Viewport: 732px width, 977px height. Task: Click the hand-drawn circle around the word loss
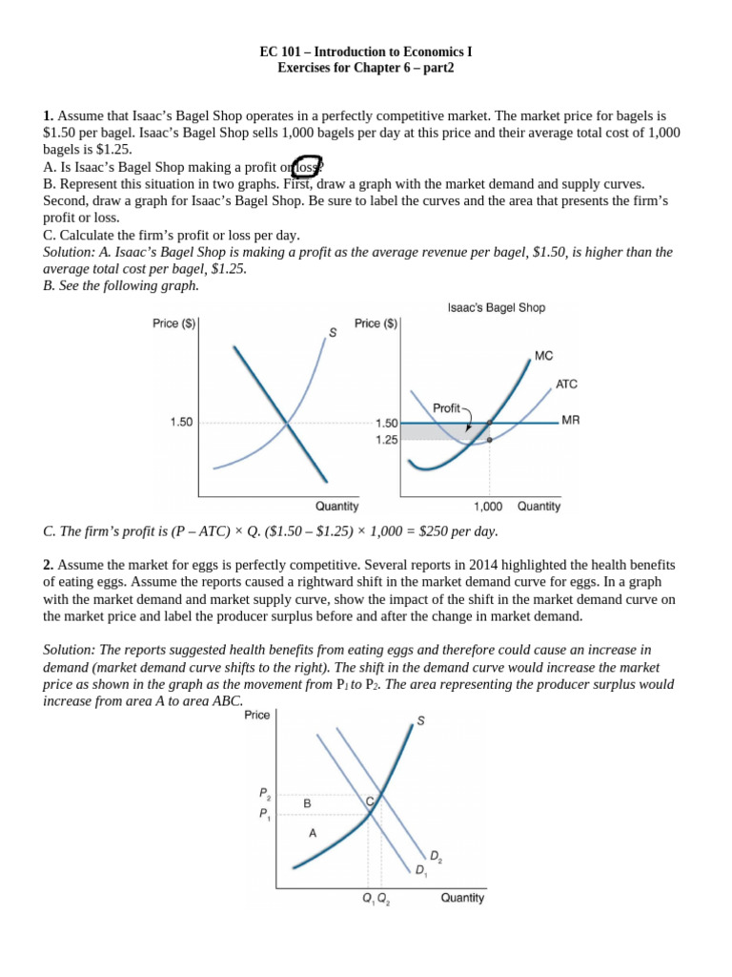(x=308, y=165)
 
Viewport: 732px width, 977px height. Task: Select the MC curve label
(x=543, y=355)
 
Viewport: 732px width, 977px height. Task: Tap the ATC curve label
(x=566, y=385)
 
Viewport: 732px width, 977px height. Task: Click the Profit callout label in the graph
(x=446, y=407)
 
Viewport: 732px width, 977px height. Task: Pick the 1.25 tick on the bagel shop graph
(x=387, y=440)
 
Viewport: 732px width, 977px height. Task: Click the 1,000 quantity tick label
(x=489, y=507)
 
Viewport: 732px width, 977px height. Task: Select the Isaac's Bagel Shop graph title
(x=496, y=308)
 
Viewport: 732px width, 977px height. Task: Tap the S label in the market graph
(x=333, y=333)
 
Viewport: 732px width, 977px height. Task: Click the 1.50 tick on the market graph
(x=181, y=422)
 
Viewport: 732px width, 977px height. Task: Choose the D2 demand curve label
(x=435, y=857)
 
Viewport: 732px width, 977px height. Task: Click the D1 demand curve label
(x=420, y=870)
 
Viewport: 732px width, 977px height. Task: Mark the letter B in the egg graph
(x=307, y=804)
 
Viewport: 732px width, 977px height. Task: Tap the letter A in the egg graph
(x=312, y=833)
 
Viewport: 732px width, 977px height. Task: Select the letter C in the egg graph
(x=369, y=803)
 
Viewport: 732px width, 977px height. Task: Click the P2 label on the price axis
(x=264, y=793)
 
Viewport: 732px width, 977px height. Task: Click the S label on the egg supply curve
(x=420, y=721)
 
